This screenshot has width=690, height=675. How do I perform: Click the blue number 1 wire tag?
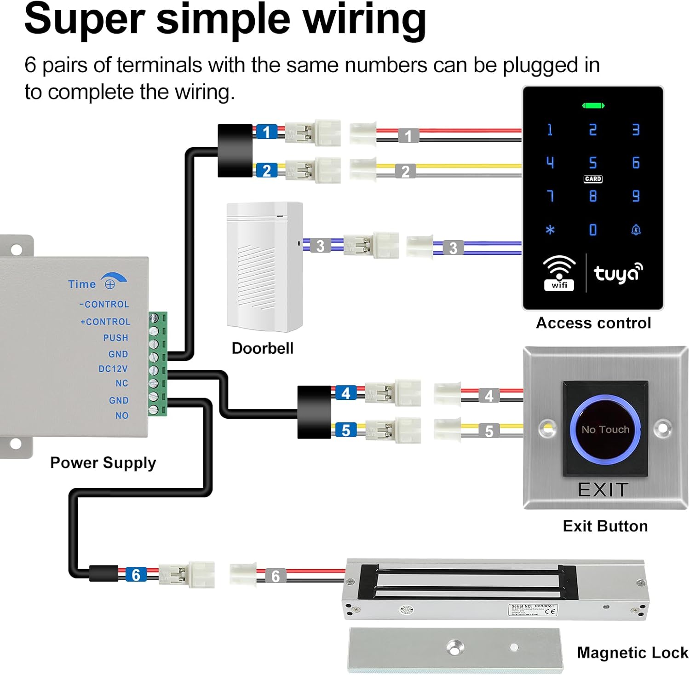pos(266,132)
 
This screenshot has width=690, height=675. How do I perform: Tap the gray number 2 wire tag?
pos(405,171)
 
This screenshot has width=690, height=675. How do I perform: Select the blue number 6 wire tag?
pos(136,575)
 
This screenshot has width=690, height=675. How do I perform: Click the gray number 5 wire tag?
pos(489,431)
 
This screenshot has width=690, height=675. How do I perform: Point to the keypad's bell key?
pos(636,230)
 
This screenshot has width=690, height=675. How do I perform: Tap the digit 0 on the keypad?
pos(593,230)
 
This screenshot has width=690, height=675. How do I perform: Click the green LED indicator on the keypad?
pos(593,106)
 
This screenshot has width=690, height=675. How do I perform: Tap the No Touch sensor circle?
pos(605,429)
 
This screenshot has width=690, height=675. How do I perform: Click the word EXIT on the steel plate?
pos(603,490)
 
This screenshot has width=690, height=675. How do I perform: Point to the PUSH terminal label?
pos(115,338)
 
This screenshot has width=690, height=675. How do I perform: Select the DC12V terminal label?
pos(113,369)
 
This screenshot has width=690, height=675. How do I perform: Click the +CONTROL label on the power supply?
pos(105,322)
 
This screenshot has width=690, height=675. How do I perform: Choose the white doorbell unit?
pos(264,267)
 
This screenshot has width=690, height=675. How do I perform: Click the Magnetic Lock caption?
pos(632,652)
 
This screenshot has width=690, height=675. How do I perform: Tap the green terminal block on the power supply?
pos(158,363)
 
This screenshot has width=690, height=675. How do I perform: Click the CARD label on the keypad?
pos(593,179)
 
